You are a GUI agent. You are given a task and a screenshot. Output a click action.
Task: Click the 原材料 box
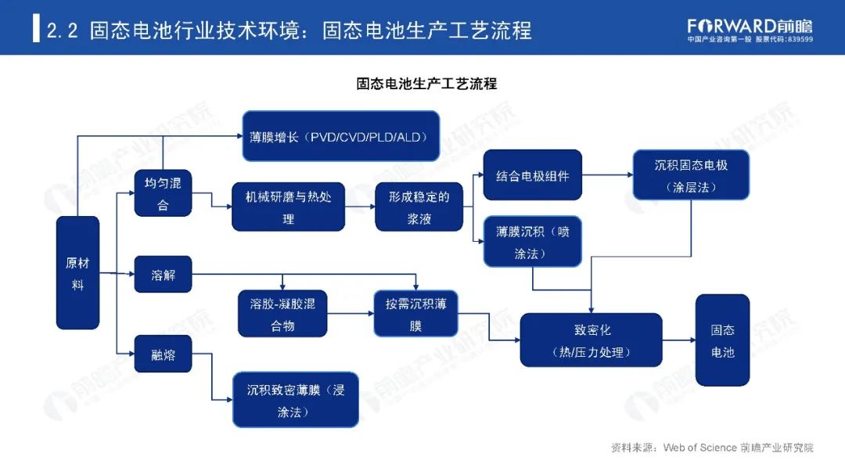(77, 272)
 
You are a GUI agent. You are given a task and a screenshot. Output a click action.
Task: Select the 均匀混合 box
(163, 193)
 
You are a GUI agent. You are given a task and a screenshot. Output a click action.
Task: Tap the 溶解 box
(163, 275)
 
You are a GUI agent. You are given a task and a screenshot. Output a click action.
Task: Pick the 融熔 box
(163, 355)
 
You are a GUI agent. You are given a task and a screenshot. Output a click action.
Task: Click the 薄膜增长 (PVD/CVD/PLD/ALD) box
(340, 136)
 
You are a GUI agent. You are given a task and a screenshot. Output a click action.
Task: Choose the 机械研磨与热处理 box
(289, 207)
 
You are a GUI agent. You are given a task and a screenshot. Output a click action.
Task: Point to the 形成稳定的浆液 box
(419, 207)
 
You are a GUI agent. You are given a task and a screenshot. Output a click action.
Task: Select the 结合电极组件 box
(532, 175)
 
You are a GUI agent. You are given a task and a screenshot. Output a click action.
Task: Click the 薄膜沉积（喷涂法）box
(532, 242)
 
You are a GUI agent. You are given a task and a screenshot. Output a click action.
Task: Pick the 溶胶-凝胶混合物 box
(282, 314)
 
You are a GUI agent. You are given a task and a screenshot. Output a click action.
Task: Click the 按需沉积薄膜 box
(415, 314)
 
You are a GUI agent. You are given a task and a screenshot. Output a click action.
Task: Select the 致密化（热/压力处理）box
(591, 340)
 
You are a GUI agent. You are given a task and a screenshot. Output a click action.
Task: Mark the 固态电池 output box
(722, 340)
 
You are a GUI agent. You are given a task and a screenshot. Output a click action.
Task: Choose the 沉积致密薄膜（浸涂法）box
(295, 399)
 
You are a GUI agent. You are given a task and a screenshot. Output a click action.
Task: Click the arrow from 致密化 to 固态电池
(678, 340)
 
